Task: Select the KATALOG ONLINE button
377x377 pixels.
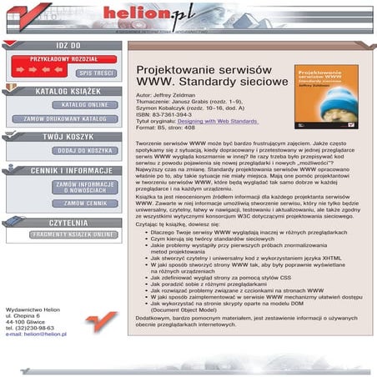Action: point(85,105)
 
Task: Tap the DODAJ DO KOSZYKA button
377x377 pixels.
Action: point(85,151)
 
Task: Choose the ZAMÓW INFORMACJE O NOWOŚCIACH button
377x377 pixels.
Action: point(85,187)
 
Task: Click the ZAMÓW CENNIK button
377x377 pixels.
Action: point(85,204)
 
